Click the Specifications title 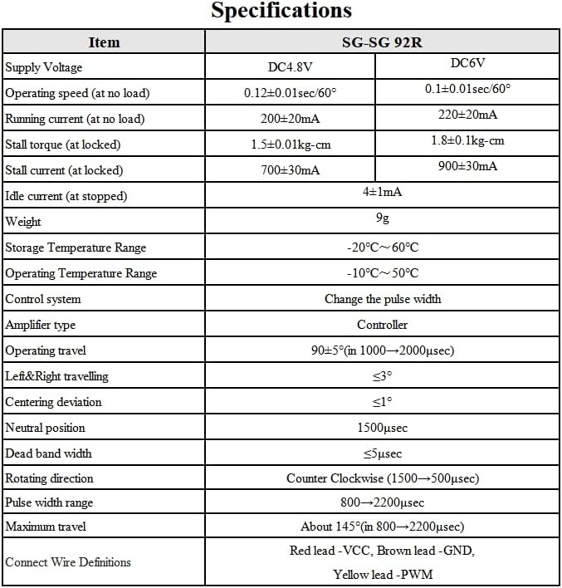(x=281, y=12)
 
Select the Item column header (x=104, y=42)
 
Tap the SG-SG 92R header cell (x=382, y=42)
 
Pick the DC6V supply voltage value (x=467, y=63)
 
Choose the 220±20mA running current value (x=467, y=115)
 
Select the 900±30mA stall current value (x=467, y=166)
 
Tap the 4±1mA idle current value (x=382, y=191)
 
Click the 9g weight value (x=382, y=218)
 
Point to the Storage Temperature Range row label (x=76, y=247)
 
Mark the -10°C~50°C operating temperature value (x=382, y=273)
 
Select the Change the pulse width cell (x=382, y=299)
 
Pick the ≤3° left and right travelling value (x=382, y=376)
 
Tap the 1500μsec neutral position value (x=382, y=428)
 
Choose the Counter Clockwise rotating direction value (x=382, y=478)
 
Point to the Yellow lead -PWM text (x=382, y=574)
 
